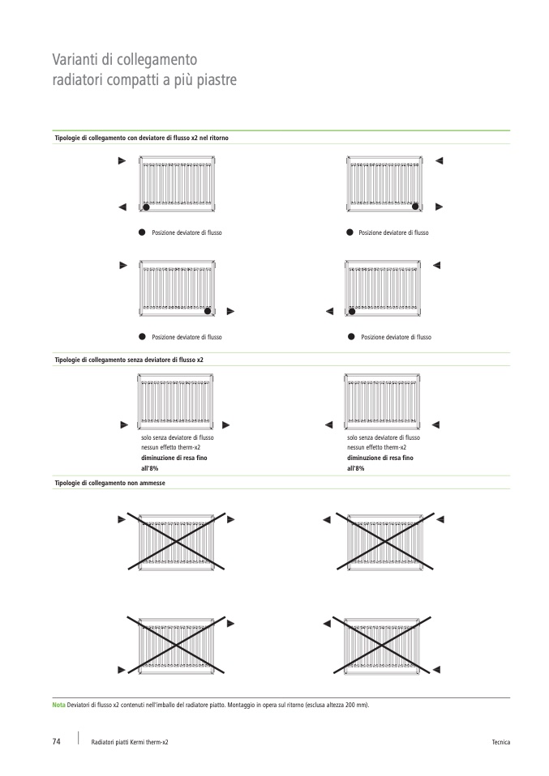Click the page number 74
56,742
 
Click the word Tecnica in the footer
500,743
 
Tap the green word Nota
59,705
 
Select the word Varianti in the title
75,60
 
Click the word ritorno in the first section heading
218,139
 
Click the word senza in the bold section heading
139,359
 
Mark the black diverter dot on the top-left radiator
146,207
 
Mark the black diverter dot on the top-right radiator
416,207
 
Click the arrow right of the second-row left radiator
230,310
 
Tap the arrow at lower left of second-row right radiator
329,310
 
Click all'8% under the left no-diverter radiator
149,468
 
